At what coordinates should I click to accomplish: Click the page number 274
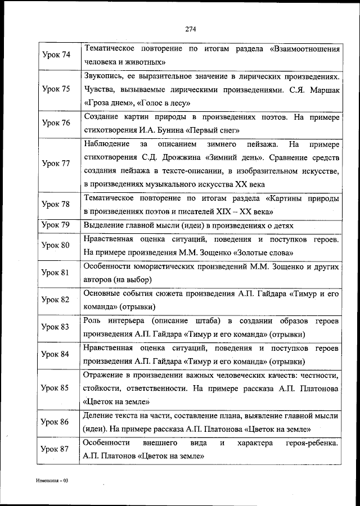[x=190, y=30]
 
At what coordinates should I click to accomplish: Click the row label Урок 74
[x=56, y=55]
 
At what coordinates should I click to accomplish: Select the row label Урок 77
[x=56, y=164]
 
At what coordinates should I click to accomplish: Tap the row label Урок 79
[x=56, y=225]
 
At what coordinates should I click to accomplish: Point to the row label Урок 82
[x=56, y=300]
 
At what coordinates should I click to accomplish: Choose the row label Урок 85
[x=56, y=388]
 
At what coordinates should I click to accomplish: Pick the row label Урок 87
[x=56, y=450]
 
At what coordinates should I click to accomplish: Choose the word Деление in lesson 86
[x=98, y=415]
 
